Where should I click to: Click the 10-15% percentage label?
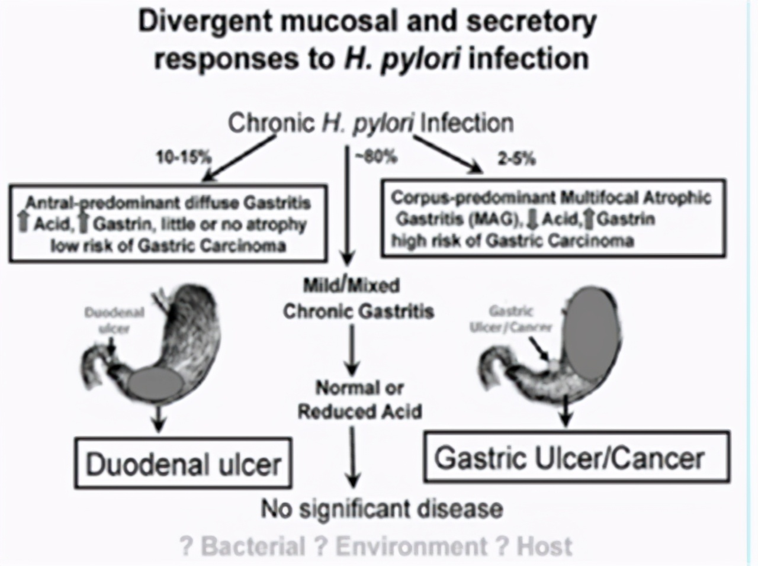click(184, 157)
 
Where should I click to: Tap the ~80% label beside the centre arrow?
click(375, 156)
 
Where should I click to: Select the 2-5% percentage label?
click(516, 159)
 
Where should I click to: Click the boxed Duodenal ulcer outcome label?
click(183, 464)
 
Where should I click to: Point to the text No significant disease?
click(383, 509)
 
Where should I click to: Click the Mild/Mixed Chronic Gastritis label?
click(358, 298)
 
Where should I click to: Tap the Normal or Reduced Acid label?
click(359, 400)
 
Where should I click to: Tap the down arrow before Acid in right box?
click(531, 220)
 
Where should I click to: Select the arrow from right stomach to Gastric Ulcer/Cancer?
click(566, 410)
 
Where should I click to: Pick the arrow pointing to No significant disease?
click(354, 456)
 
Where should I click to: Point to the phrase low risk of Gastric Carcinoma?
click(168, 245)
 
